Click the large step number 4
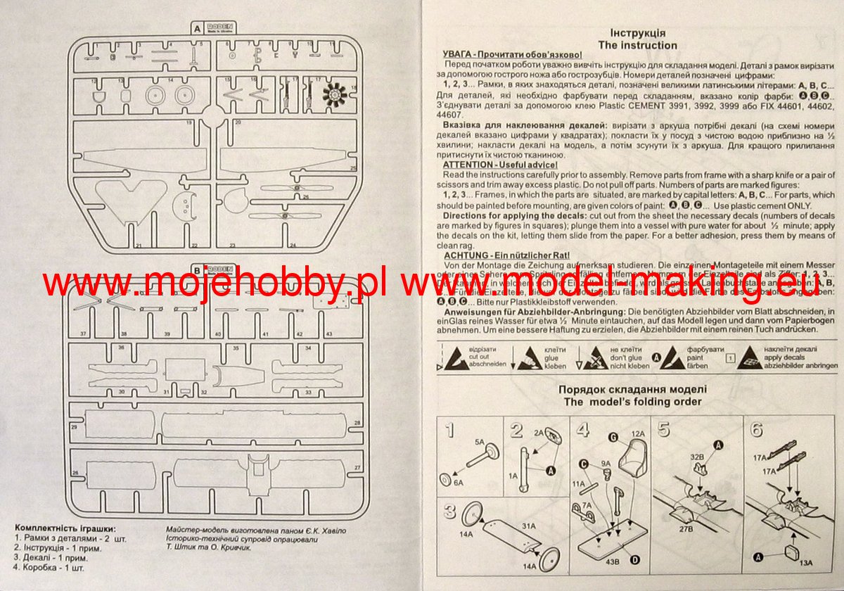pos(582,431)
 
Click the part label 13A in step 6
pos(805,561)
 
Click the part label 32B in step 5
pos(697,457)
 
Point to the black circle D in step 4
pos(635,559)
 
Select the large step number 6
pos(757,431)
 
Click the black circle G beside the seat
pos(613,438)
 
